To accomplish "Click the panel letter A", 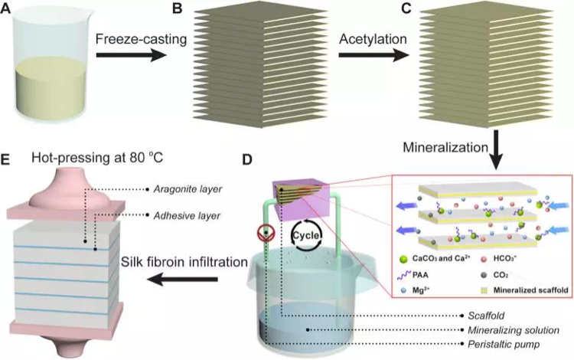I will (x=8, y=8).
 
